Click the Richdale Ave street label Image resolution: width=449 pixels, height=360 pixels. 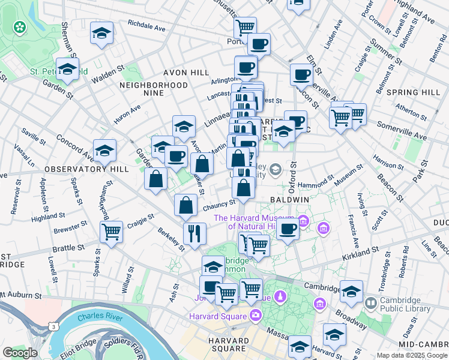[146, 25]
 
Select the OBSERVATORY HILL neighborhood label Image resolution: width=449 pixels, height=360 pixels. [86, 169]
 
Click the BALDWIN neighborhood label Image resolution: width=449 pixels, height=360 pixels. [289, 199]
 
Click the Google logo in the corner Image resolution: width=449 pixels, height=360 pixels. [20, 353]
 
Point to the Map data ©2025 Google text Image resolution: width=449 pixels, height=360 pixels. [412, 355]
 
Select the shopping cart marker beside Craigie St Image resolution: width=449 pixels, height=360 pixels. [111, 231]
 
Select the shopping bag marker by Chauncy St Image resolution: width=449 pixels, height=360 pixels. [186, 205]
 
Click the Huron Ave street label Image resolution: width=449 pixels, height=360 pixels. [127, 113]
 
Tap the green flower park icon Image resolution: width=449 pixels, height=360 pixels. [20, 26]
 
